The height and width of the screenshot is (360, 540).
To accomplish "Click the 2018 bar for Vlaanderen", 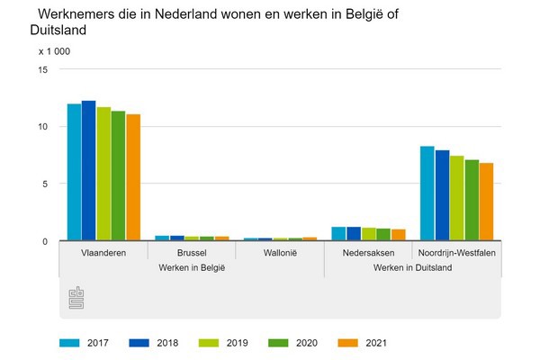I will pos(88,171).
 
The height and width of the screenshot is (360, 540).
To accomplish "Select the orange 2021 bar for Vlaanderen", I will pos(133,177).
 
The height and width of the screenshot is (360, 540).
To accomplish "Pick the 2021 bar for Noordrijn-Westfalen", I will pos(486,202).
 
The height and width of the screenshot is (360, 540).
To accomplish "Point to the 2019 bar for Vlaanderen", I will pos(103,174).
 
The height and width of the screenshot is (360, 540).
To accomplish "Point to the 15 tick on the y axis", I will pos(41,69).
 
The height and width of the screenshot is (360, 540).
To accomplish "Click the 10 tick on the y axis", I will pos(41,127).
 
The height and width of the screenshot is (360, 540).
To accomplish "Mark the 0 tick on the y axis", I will pos(44,241).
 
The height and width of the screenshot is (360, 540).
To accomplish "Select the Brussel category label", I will pos(192,253).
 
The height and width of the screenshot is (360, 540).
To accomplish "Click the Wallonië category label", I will pos(280,253).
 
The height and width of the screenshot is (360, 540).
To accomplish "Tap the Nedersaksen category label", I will pos(368,253).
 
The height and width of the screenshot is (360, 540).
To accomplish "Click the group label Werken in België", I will pos(191,268).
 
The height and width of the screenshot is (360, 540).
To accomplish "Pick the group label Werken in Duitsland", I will pos(412,268).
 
